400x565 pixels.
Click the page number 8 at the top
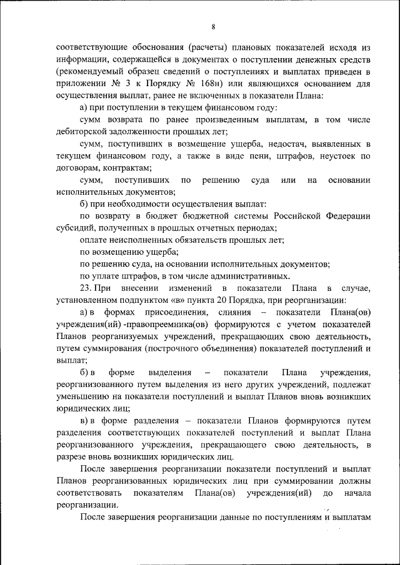click(213, 27)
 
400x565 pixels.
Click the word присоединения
click(154, 312)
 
